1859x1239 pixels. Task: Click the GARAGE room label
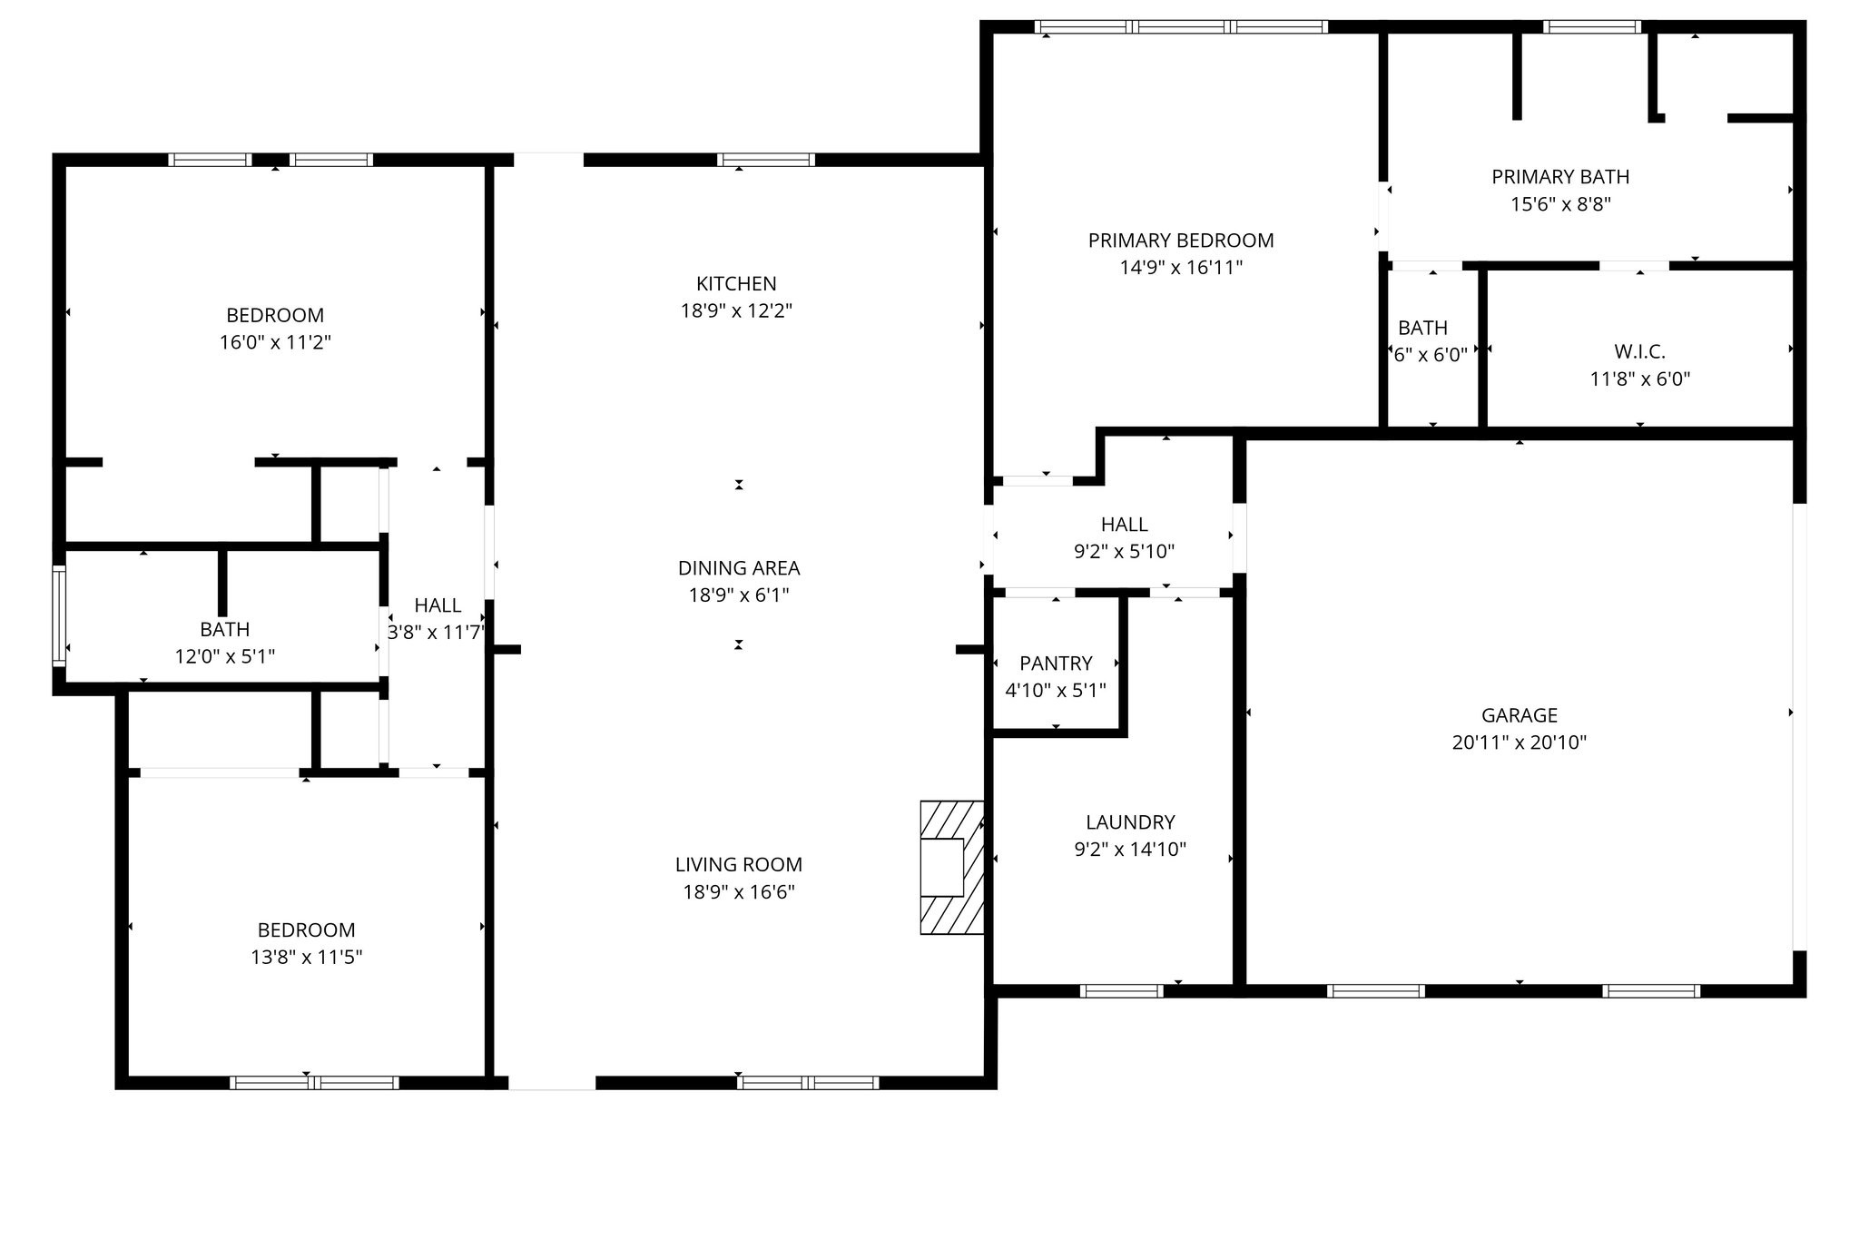1519,715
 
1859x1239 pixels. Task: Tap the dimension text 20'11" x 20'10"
1519,742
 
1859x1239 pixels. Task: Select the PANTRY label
1056,664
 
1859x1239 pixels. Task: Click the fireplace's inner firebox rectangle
941,868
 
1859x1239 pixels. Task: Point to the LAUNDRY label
1130,822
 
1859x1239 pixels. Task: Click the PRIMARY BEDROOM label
1180,241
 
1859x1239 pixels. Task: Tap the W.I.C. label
1639,352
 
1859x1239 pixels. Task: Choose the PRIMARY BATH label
1559,177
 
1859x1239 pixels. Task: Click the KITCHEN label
736,284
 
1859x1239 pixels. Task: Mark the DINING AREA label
738,568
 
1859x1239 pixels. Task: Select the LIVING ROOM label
738,865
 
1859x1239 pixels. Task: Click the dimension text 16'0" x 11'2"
274,343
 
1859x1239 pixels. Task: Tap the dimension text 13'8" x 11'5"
306,957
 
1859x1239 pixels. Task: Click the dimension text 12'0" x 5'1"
224,656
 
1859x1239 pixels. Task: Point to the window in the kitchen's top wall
765,160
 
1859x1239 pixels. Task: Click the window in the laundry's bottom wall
1121,990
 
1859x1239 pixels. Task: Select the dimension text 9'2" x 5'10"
1124,551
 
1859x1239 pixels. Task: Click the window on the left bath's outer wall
59,615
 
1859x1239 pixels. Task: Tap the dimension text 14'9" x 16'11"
1180,268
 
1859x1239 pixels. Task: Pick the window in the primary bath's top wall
1591,26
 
